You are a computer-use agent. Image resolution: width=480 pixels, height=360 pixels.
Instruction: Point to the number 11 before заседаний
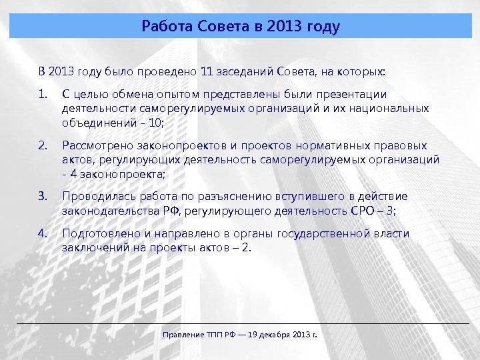(208, 71)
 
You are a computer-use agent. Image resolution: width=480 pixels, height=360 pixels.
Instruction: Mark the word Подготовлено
(97, 233)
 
